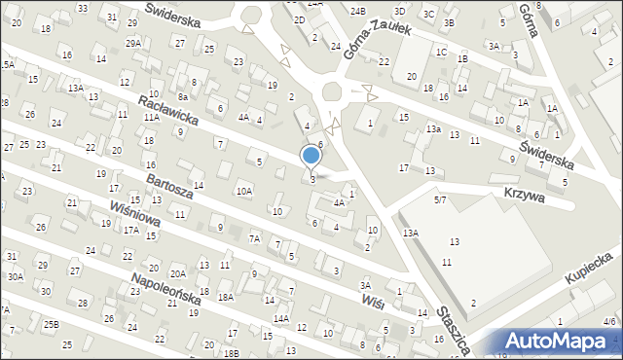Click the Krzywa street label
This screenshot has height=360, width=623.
tap(523, 196)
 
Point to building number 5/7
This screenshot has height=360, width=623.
tap(440, 199)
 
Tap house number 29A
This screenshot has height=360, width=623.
tap(133, 44)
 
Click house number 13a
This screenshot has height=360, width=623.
tap(433, 128)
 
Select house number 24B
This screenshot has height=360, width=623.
tap(357, 11)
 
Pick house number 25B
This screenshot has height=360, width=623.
tap(51, 324)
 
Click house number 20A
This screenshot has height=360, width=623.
tap(177, 274)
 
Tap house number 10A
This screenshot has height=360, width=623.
tap(243, 192)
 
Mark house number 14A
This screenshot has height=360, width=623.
tap(280, 318)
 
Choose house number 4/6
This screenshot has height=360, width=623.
tap(608, 320)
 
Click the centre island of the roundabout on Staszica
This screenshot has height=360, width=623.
tap(332, 92)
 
